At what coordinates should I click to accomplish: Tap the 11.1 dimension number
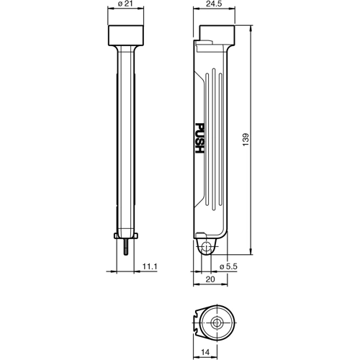pos(150,266)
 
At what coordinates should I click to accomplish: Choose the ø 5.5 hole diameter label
pos(228,266)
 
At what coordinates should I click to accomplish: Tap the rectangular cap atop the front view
pos(130,34)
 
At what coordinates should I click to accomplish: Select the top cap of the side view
pos(217,34)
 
